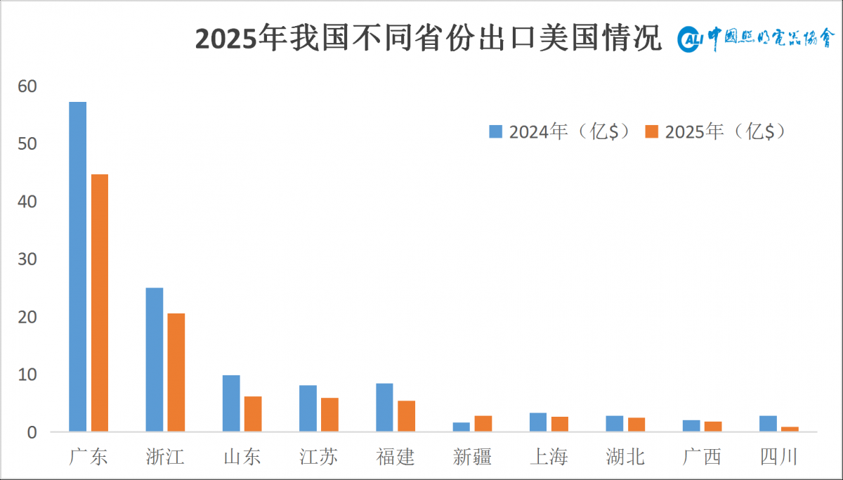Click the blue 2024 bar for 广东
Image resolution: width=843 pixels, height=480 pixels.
pos(77,266)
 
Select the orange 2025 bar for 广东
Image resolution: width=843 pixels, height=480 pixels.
pos(100,303)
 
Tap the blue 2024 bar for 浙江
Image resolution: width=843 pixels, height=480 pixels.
pos(155,360)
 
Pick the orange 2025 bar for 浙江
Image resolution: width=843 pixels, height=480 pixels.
pos(176,372)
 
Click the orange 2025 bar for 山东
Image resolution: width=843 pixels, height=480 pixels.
pos(253,414)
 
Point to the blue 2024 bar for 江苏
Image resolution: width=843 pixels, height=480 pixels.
pos(308,408)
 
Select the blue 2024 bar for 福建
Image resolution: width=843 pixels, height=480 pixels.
pos(385,408)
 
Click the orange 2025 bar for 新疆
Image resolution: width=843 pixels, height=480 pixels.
pos(483,424)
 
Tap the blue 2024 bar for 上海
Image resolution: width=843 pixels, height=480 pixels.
pos(538,422)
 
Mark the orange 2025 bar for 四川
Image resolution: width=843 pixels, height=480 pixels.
pos(790,429)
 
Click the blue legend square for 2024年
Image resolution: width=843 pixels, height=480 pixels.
pos(495,131)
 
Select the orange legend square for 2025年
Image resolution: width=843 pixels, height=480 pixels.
pos(651,131)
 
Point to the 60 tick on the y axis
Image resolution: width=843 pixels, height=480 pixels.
pos(27,86)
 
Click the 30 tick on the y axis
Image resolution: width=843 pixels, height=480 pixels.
pos(27,259)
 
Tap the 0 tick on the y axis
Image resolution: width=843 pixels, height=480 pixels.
pos(32,433)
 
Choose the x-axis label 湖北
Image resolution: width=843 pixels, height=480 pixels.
pos(625,457)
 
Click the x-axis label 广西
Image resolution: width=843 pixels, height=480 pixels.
pos(702,457)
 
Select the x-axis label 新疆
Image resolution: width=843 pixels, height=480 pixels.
pos(472,457)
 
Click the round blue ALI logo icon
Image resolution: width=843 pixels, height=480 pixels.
pos(690,39)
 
